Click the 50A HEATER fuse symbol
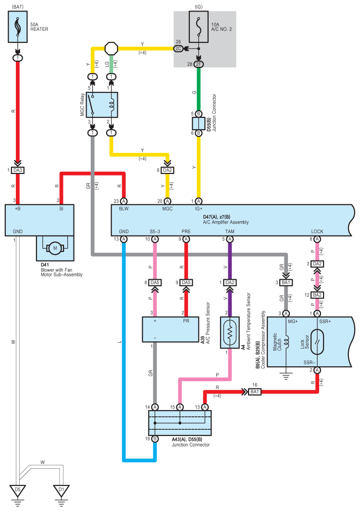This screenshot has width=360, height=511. click(18, 27)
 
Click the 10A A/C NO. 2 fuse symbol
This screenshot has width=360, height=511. click(199, 27)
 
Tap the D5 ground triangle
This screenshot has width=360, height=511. click(18, 490)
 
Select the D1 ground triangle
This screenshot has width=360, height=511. click(61, 490)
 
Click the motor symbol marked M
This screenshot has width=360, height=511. click(55, 249)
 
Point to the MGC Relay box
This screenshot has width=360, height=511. click(102, 105)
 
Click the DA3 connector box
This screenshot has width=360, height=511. click(18, 170)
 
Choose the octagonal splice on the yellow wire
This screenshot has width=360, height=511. click(111, 49)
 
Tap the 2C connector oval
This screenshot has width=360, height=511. click(178, 49)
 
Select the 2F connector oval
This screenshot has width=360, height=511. click(199, 64)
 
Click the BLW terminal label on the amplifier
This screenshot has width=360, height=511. click(124, 209)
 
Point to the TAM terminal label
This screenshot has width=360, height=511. click(230, 231)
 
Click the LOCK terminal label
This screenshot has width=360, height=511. click(317, 231)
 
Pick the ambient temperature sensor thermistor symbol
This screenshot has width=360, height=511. click(230, 332)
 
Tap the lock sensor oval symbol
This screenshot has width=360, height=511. click(317, 342)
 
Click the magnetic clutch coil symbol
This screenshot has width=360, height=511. click(286, 342)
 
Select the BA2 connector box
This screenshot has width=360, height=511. click(317, 295)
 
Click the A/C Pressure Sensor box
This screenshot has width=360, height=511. click(171, 329)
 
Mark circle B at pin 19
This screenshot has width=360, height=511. click(155, 438)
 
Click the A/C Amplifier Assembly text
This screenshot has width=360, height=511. click(226, 222)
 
